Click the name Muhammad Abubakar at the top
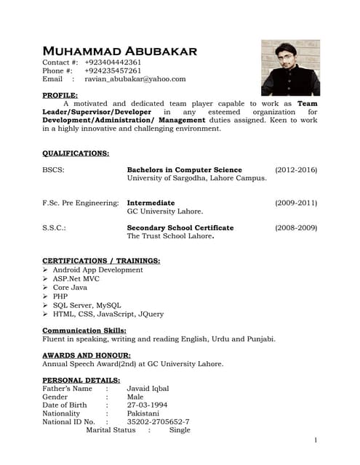[x=119, y=51]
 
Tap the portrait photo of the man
[x=290, y=68]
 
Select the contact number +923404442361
[x=113, y=62]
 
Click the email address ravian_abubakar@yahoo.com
[x=135, y=79]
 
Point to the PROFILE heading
[x=60, y=95]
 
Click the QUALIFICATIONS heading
[x=76, y=153]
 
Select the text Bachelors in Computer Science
[x=184, y=170]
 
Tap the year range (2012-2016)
[x=296, y=170]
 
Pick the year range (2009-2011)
[x=296, y=203]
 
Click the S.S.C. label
[x=55, y=228]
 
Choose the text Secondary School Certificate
[x=180, y=228]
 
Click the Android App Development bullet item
[x=97, y=270]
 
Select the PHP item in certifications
[x=60, y=296]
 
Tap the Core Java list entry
[x=70, y=288]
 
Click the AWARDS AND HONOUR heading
[x=87, y=355]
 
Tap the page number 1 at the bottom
[x=316, y=440]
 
